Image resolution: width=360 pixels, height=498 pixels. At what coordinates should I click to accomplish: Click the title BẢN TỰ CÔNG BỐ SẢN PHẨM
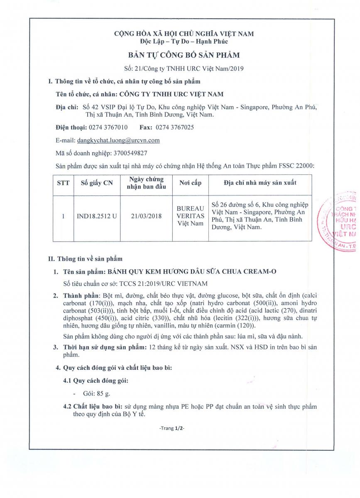pos(184,54)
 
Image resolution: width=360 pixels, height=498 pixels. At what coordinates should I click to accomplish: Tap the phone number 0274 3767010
pos(108,127)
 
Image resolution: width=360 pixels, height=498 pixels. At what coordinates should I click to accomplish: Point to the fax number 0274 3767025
pos(174,127)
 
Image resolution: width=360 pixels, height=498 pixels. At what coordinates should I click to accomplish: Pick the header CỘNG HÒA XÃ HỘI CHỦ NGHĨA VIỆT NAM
pos(184,34)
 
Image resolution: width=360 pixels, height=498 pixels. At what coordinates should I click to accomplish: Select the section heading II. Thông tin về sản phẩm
pos(85,259)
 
